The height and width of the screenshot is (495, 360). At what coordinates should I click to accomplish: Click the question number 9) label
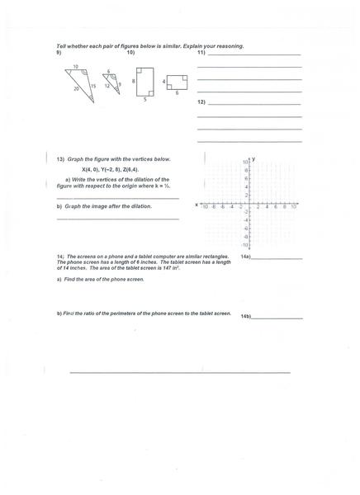[x=59, y=52]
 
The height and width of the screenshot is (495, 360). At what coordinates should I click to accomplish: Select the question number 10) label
[x=130, y=52]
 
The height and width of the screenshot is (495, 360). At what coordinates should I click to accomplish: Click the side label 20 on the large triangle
[x=76, y=87]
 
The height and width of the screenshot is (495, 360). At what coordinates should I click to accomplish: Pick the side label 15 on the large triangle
[x=93, y=85]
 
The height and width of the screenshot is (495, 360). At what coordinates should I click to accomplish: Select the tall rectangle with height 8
[x=144, y=81]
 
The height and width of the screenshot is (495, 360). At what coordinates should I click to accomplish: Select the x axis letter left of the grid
[x=197, y=204]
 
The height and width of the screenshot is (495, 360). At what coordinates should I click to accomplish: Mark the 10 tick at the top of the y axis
[x=245, y=162]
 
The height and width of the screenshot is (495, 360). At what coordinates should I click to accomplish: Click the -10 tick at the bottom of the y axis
[x=244, y=245]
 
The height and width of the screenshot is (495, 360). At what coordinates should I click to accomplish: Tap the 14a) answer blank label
[x=245, y=257]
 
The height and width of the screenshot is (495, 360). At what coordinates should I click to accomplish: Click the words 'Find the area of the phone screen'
[x=103, y=280]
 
